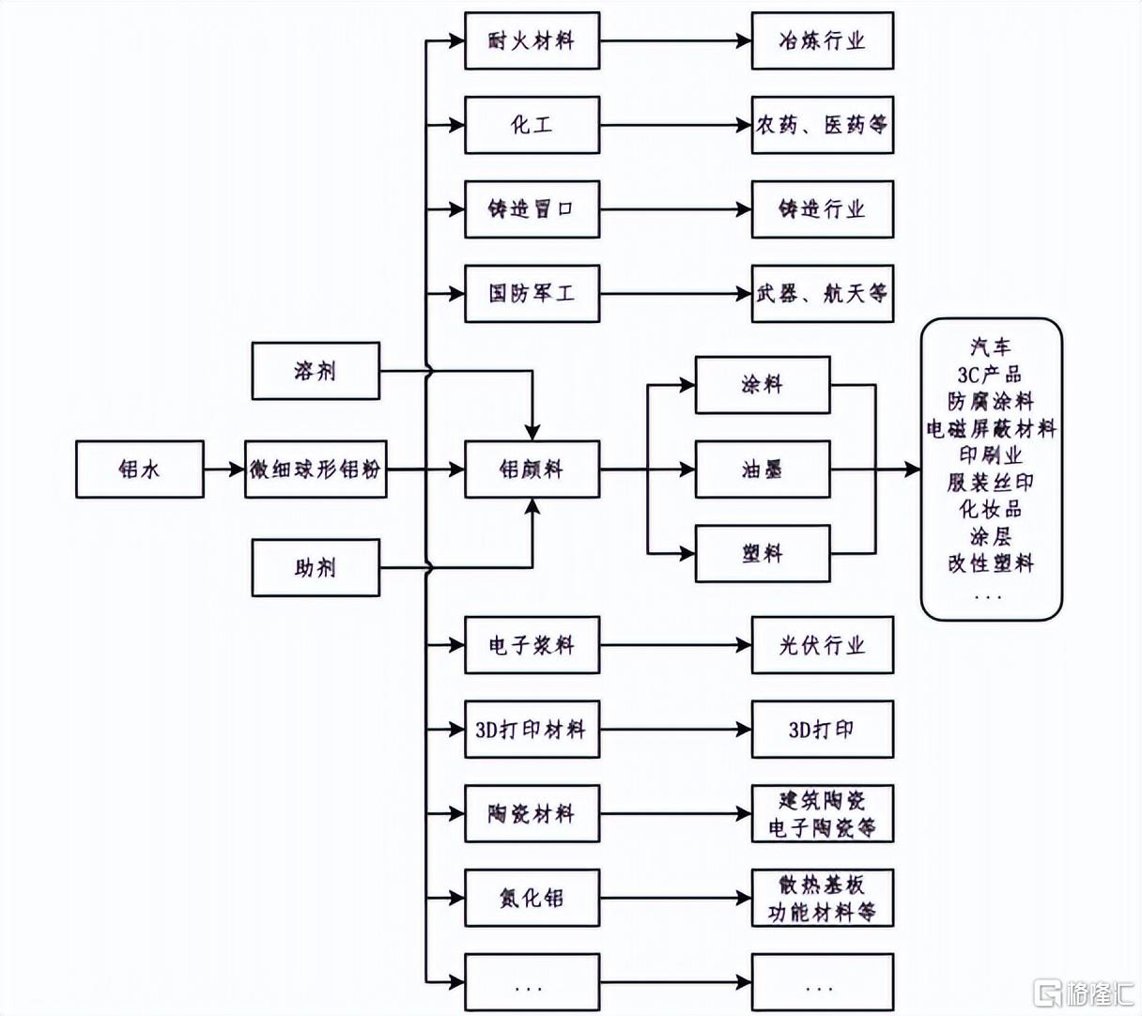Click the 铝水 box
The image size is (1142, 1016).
[140, 470]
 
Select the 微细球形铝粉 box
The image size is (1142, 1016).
[316, 470]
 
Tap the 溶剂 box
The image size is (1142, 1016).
[316, 371]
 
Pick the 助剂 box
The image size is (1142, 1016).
[316, 567]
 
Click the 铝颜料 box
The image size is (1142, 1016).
[532, 470]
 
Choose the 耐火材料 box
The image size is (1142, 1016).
[532, 41]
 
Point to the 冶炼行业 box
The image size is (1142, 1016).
[823, 41]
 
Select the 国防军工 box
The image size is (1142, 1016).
[532, 294]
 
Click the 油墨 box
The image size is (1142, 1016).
[763, 470]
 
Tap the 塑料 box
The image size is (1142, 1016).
[763, 553]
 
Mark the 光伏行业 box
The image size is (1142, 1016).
[823, 645]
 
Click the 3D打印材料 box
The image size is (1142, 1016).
[532, 730]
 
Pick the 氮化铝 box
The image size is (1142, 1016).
[532, 898]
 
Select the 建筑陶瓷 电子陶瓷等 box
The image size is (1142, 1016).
[823, 814]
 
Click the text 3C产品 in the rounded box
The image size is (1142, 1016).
[990, 375]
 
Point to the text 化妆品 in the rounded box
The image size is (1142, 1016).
[990, 509]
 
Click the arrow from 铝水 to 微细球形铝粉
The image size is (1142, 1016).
[224, 470]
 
